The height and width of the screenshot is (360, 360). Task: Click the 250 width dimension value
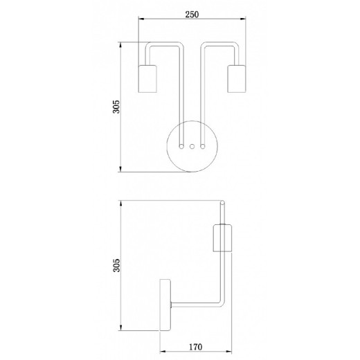pyautogui.click(x=192, y=12)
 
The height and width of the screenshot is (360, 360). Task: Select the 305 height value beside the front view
pyautogui.click(x=116, y=106)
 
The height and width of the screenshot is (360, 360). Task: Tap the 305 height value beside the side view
pyautogui.click(x=116, y=264)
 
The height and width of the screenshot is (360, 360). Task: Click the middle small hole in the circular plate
pyautogui.click(x=192, y=146)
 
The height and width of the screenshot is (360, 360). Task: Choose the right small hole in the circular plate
pyautogui.click(x=201, y=146)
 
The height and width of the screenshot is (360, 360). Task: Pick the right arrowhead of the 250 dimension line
pyautogui.click(x=242, y=21)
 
